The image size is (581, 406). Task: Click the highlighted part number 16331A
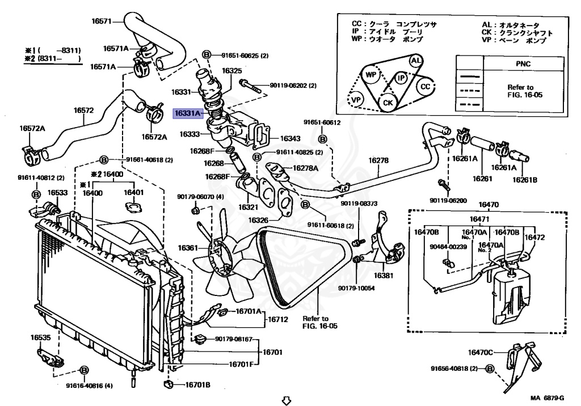[x=187, y=113]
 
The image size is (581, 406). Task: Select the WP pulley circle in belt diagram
[x=372, y=75]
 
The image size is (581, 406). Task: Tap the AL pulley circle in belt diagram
[x=415, y=61]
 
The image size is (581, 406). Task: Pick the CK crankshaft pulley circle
[x=388, y=103]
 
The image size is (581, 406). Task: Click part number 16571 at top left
[x=102, y=22]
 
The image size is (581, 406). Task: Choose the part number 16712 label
[x=279, y=320]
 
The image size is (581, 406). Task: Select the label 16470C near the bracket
[x=481, y=352]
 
